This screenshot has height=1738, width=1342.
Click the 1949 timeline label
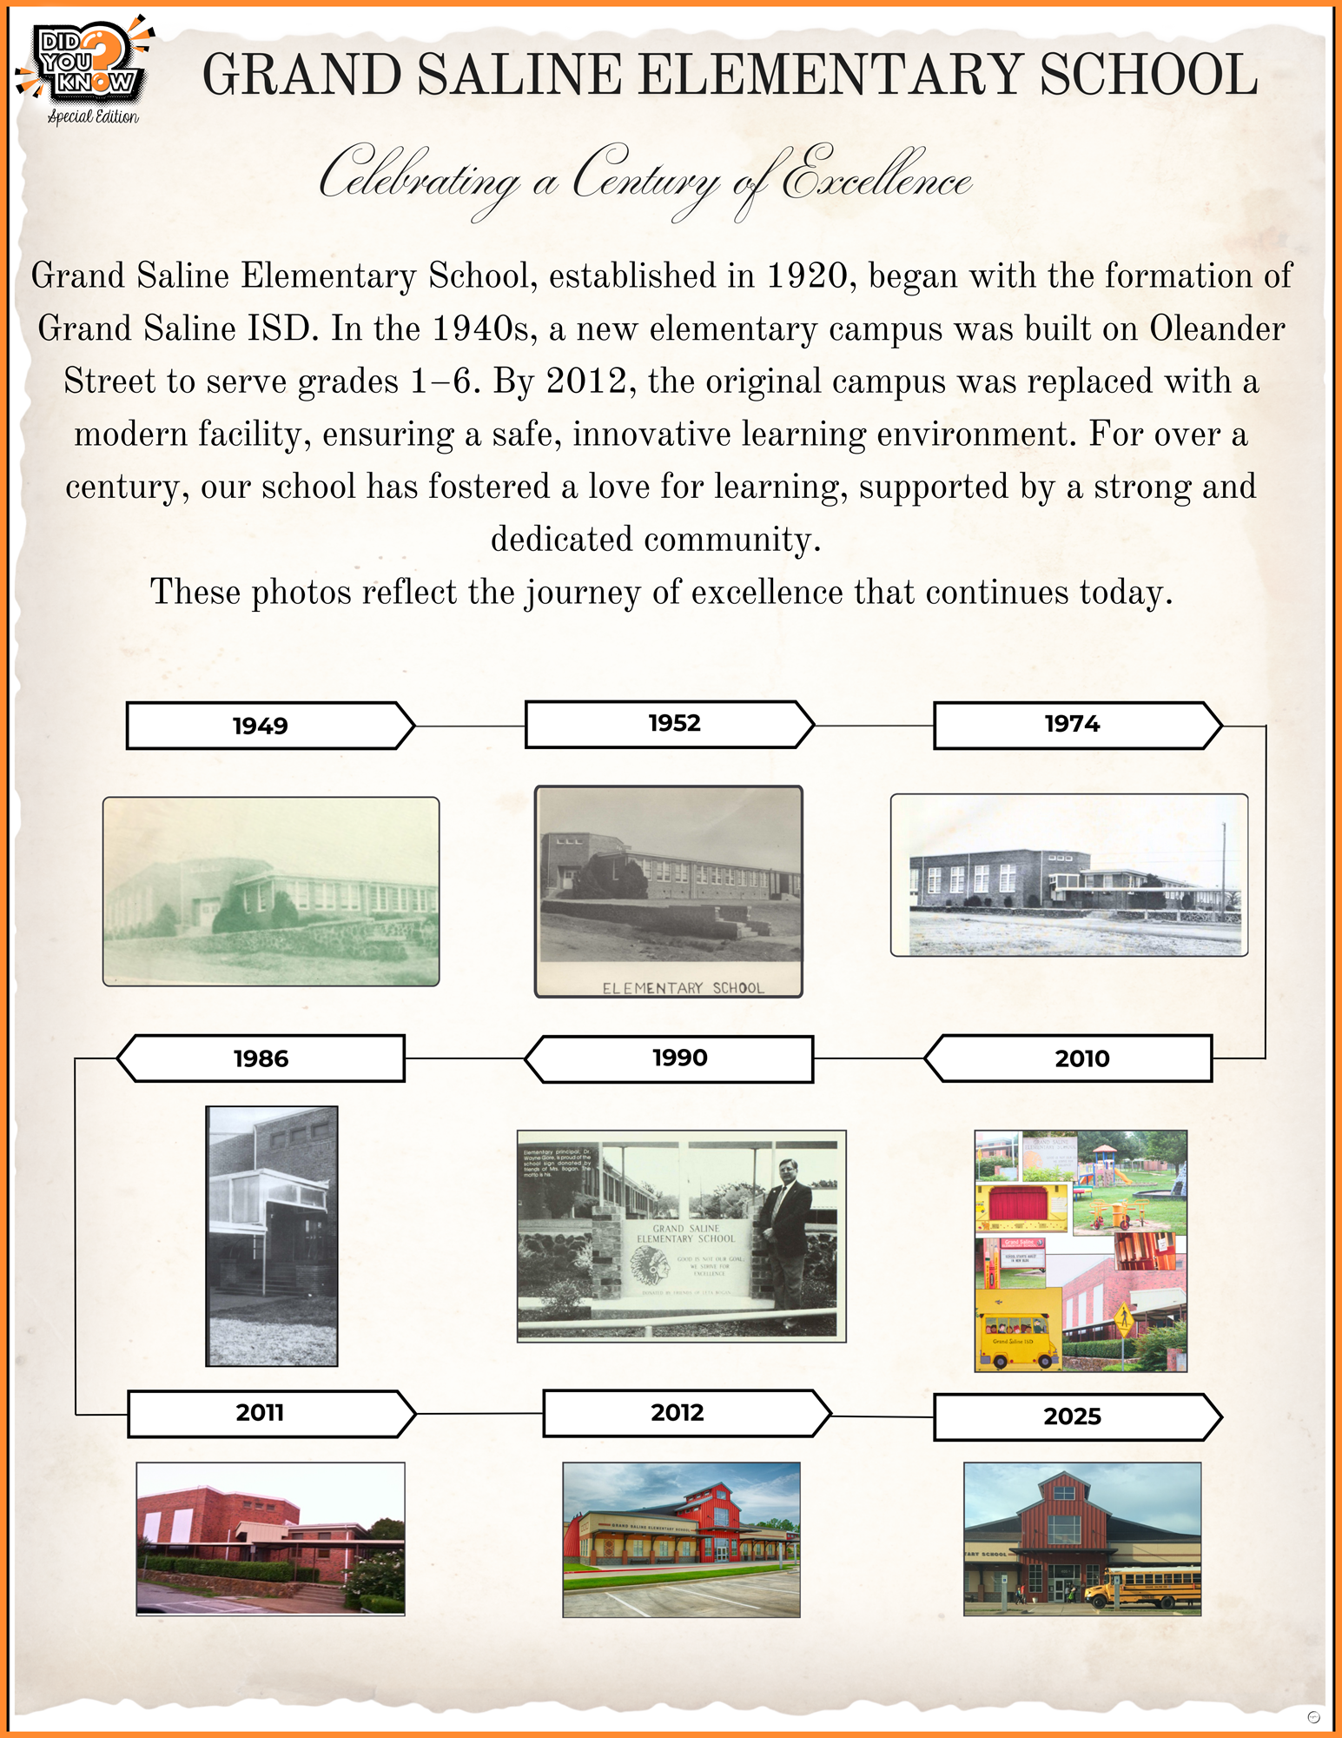pyautogui.click(x=261, y=726)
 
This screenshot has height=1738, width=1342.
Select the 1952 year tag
pyautogui.click(x=674, y=724)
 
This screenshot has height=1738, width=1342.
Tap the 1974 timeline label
pyautogui.click(x=1072, y=725)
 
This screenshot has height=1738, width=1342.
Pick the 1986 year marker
pyautogui.click(x=261, y=1058)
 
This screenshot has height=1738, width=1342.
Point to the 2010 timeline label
pyautogui.click(x=1081, y=1058)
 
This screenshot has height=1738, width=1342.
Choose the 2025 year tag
pyautogui.click(x=1072, y=1417)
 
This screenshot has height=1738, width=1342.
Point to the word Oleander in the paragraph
pyautogui.click(x=1217, y=329)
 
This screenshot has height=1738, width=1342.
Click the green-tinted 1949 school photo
pyautogui.click(x=271, y=892)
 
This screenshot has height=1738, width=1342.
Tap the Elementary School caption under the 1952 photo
pyautogui.click(x=683, y=988)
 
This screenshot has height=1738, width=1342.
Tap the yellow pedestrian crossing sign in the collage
pyautogui.click(x=1123, y=1320)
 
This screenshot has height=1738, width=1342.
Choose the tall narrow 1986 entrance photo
pyautogui.click(x=272, y=1236)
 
